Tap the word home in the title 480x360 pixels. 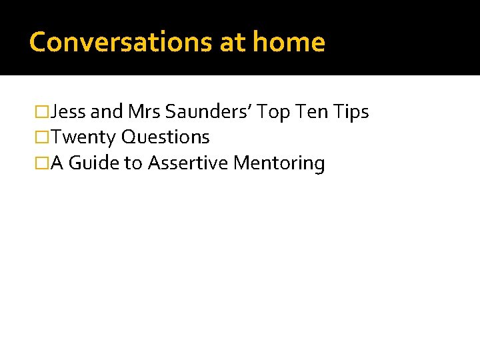[289, 42]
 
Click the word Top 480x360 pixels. [273, 112]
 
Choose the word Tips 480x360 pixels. [351, 112]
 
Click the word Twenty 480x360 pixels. [84, 137]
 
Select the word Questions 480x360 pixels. [165, 137]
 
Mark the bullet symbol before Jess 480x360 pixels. [43, 112]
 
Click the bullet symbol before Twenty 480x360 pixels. [43, 137]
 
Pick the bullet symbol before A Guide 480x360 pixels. [43, 163]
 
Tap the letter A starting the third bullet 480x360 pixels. [57, 163]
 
